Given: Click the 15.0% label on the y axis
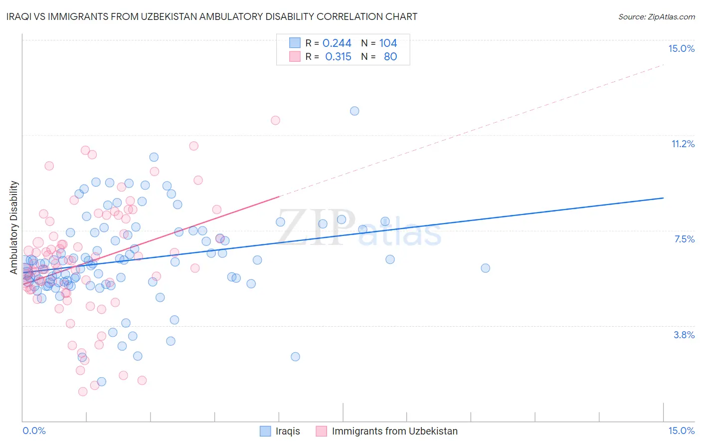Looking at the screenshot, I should coord(681,48).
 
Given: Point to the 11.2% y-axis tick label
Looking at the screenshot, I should coord(683,144).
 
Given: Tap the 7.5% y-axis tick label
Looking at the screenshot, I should coord(684,239).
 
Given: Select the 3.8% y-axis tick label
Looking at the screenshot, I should coord(684,335).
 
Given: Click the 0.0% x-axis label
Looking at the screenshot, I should coord(34,431).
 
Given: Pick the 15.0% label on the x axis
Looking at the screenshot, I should coord(681,431).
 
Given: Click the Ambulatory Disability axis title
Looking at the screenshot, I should coord(14,227).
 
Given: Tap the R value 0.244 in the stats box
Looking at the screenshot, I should coord(337,43).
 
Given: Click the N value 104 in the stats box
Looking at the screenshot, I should coord(388,43).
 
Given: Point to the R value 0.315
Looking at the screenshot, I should coord(338,56).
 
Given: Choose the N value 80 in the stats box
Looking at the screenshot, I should coord(390,56).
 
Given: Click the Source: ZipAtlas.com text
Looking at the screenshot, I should coord(656,16).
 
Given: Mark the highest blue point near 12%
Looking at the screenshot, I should coord(354,111).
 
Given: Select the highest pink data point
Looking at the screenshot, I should coord(275,120).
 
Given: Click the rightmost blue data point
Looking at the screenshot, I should coord(485,268).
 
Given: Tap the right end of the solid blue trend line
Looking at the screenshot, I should coord(663,198).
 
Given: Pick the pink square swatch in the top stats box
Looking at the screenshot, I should coord(295,56).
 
